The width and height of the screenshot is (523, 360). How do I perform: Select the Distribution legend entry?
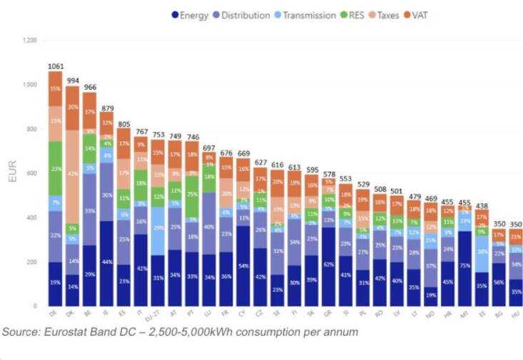point(246,15)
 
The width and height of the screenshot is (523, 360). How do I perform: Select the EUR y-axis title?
point(13,173)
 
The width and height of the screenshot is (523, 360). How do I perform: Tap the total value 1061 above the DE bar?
point(55,66)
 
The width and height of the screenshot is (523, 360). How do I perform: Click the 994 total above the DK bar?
point(73,81)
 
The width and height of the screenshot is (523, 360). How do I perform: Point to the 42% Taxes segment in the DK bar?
point(73,175)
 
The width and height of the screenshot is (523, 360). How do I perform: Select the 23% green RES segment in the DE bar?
point(55,168)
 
